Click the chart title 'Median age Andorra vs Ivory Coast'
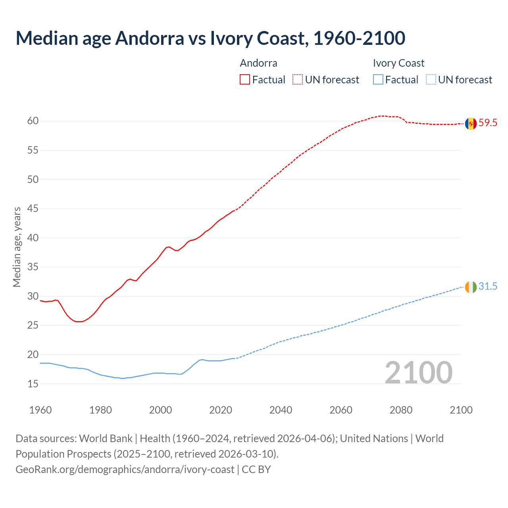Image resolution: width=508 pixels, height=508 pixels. [x=210, y=38]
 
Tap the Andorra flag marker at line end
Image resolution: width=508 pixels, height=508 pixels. [x=471, y=123]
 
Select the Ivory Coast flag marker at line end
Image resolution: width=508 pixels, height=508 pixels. [x=471, y=287]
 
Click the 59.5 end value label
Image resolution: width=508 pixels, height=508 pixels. [x=488, y=123]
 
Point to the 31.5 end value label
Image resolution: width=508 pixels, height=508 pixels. [x=488, y=287]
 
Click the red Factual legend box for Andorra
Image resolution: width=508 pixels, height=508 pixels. [x=245, y=80]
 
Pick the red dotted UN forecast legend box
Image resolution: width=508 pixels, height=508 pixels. [x=298, y=80]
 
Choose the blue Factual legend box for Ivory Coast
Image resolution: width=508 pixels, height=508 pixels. [x=378, y=80]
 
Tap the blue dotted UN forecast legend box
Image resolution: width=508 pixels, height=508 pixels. [x=431, y=80]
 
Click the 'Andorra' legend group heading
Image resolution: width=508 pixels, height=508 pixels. [x=258, y=63]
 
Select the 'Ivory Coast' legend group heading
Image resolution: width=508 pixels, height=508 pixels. [x=398, y=63]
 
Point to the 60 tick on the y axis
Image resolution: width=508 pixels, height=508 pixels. [x=33, y=121]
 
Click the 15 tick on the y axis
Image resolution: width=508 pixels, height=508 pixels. [x=33, y=384]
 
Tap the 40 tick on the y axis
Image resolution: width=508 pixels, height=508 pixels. [x=33, y=238]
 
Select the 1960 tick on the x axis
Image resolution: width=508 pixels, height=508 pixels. [x=40, y=410]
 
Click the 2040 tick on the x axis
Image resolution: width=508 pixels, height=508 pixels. [x=281, y=410]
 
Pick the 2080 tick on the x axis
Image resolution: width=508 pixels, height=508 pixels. [x=401, y=410]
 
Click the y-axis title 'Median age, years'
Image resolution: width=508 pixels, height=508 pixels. [x=17, y=247]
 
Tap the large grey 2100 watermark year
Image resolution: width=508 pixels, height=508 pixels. [x=419, y=373]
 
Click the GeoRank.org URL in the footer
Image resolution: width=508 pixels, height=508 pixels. [x=125, y=470]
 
